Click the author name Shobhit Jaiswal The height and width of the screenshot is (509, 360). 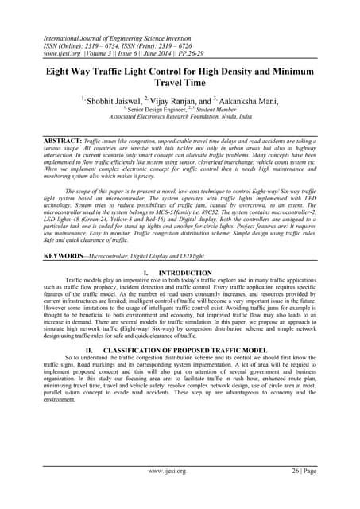coord(110,101)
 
